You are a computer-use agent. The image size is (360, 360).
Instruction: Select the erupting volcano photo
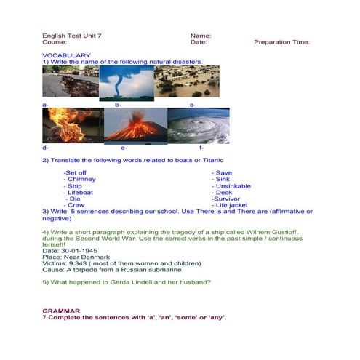[135, 126]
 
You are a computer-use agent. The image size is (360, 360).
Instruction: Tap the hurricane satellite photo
[198, 126]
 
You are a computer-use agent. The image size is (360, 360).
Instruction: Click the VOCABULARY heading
[66, 55]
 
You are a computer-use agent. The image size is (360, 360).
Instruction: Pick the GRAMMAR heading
[61, 311]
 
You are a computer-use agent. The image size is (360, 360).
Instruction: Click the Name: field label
[201, 36]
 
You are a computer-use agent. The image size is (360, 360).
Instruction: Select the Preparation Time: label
[281, 42]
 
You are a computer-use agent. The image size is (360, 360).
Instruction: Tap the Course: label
[55, 42]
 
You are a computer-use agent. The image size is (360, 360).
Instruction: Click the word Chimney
[81, 179]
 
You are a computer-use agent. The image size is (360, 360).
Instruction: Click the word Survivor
[228, 199]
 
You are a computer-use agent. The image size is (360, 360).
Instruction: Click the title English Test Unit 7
[72, 36]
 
